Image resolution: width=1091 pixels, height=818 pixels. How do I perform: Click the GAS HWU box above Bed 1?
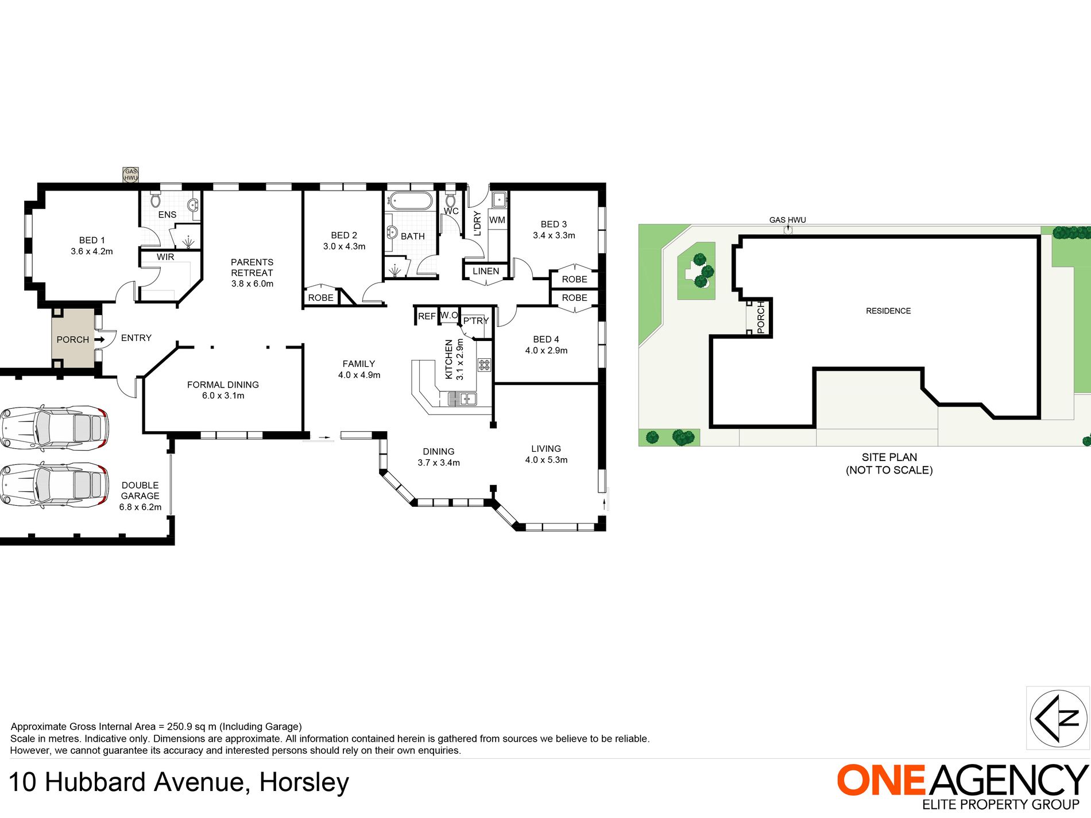point(131,175)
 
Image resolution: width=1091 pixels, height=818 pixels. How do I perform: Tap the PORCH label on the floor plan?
point(72,339)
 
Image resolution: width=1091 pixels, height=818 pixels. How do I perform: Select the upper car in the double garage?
point(54,428)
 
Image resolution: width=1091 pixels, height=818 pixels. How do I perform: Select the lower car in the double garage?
point(54,485)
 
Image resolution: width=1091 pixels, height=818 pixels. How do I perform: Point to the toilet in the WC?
point(450,200)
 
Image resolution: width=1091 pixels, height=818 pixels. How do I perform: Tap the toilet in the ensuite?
point(155,200)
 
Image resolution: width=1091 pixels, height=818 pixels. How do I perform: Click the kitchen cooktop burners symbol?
point(484,365)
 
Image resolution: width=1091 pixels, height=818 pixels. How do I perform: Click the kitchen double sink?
point(462,398)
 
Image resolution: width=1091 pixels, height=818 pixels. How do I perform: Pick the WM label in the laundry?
point(497,220)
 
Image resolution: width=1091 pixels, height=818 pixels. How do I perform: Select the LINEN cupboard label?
point(486,271)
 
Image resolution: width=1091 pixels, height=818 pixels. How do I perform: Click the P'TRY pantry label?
point(475,321)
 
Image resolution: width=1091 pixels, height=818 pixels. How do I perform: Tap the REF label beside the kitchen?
point(427,316)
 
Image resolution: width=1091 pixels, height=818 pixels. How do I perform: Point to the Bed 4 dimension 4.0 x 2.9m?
point(546,351)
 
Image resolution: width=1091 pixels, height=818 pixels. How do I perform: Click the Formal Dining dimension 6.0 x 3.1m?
point(223,396)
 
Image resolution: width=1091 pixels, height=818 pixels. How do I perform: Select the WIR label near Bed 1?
point(165,257)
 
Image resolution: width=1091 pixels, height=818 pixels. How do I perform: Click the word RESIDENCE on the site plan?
point(888,311)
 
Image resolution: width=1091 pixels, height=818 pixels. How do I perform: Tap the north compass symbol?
point(1058,718)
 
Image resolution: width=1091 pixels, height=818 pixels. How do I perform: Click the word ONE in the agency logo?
point(881,781)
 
